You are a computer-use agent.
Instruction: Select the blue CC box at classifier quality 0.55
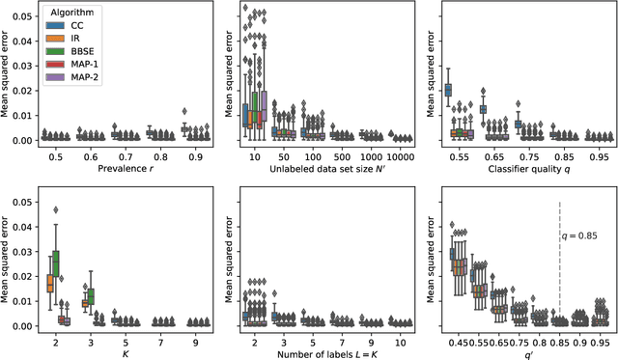click(x=447, y=90)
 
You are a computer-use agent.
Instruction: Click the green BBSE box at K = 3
click(x=91, y=296)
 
